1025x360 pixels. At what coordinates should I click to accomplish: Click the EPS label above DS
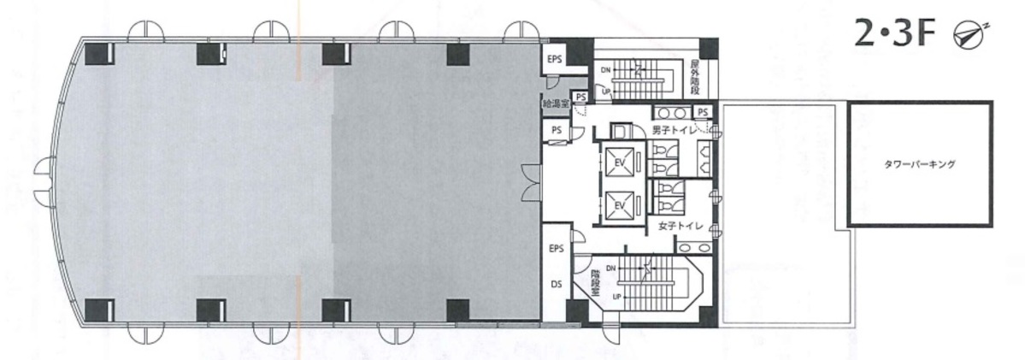coord(557,249)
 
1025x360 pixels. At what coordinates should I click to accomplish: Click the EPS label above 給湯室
coord(555,60)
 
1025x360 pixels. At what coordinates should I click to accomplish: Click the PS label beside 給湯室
coord(581,97)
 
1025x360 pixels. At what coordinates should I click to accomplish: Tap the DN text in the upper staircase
coord(605,68)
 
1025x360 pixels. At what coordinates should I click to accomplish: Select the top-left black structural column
coord(100,53)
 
